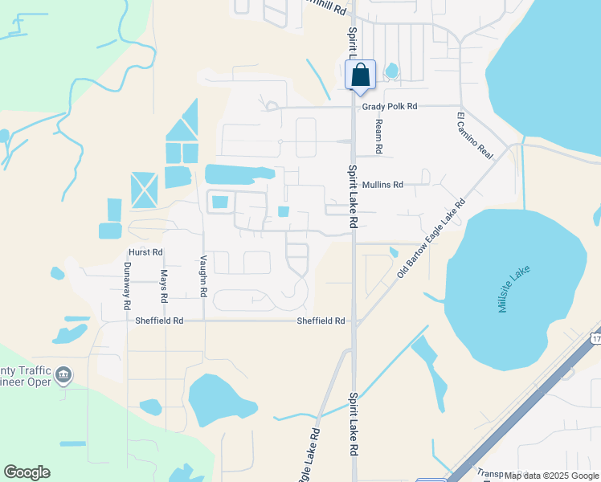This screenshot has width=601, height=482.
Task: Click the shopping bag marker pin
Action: (x=361, y=76)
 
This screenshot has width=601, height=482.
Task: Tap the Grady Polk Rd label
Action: (x=390, y=106)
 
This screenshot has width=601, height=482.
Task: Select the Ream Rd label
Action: (x=378, y=137)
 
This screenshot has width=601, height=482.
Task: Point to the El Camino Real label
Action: (x=474, y=135)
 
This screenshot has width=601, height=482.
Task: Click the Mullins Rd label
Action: (x=382, y=185)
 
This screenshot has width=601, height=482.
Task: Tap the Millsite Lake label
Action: (x=515, y=289)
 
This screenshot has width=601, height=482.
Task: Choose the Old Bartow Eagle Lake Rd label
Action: (x=431, y=239)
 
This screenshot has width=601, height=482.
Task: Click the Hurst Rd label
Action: (x=145, y=252)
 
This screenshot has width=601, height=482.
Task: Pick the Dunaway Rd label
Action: (x=127, y=286)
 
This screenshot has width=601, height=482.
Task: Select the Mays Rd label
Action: (x=163, y=286)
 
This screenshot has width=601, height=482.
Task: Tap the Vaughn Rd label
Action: (x=204, y=276)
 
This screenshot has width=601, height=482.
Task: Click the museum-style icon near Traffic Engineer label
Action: (x=64, y=374)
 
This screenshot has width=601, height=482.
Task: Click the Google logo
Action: (x=27, y=472)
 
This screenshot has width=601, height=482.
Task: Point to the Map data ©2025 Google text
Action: (x=551, y=476)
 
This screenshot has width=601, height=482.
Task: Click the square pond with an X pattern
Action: (x=145, y=190)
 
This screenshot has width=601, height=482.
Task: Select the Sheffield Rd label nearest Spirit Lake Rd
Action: (x=321, y=321)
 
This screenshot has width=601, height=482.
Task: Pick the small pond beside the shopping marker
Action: (x=391, y=71)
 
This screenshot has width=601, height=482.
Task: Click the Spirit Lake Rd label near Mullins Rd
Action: (x=353, y=196)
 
